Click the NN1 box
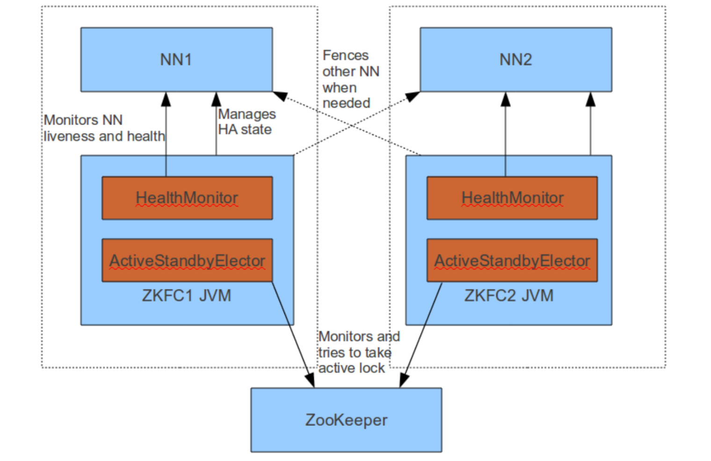coord(176,59)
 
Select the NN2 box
coord(515,59)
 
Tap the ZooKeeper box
coord(346,420)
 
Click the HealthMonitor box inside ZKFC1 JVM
coord(187,198)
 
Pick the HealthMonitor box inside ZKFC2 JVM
coord(512,198)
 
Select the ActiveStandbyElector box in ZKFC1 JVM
coord(187,260)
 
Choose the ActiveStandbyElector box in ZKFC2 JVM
coord(512,260)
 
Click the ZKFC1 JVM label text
coord(187,296)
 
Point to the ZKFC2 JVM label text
coord(509,296)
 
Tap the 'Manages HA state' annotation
coord(247,122)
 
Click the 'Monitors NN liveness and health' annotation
coord(104,128)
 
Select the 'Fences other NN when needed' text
coord(350,79)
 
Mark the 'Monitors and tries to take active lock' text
coord(359,352)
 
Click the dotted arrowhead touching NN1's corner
coord(280,96)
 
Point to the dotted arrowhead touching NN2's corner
coord(413,96)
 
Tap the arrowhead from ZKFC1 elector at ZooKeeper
coord(311,380)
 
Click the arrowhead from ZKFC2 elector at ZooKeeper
coord(404,380)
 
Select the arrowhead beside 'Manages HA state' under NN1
coord(216,99)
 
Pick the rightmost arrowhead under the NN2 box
coord(590,99)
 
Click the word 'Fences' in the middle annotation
coord(346,55)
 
